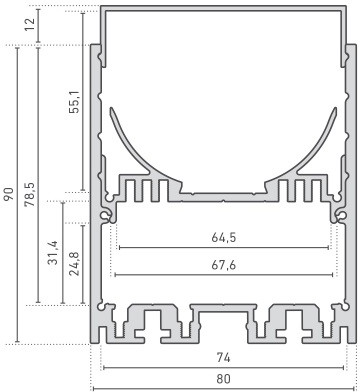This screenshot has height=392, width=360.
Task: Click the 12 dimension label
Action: [x=30, y=24]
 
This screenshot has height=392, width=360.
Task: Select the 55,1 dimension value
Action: [x=76, y=101]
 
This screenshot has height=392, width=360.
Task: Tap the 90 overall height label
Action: [x=9, y=194]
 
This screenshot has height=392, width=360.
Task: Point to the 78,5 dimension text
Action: [x=30, y=194]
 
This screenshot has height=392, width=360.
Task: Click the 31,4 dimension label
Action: [x=53, y=252]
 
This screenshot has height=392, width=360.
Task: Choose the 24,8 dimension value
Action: [x=74, y=263]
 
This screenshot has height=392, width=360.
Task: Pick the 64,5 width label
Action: [x=224, y=238]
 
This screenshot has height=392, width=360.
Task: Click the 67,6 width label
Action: [x=224, y=265]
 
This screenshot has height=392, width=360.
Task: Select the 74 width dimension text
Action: [x=223, y=358]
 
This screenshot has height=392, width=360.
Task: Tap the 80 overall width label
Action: [x=223, y=379]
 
